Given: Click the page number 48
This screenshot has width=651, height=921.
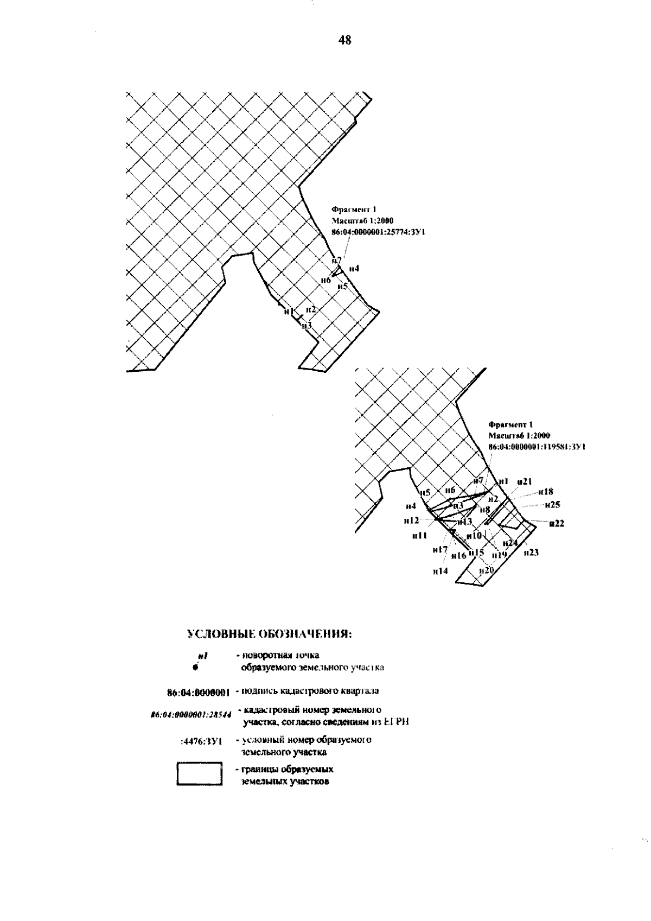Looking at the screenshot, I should [x=345, y=40].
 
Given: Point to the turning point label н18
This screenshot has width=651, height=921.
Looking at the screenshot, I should [x=546, y=492].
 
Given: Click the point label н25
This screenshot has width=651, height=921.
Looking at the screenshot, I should [x=552, y=505].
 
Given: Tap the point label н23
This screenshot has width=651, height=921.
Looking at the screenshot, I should [x=531, y=552].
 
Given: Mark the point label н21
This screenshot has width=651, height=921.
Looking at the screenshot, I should [x=524, y=481].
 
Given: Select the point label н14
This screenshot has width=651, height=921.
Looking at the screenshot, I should [x=440, y=570].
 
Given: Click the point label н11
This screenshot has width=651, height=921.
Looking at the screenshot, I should [x=419, y=535].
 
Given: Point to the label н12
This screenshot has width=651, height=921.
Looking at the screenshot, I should [x=411, y=520].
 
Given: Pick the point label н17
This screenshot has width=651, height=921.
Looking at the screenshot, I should [x=439, y=550].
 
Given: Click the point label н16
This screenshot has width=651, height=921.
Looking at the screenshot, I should [x=459, y=555].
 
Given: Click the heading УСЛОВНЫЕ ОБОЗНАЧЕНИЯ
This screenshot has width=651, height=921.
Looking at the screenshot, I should [x=269, y=634].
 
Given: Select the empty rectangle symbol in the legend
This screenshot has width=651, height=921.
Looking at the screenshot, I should [x=200, y=774].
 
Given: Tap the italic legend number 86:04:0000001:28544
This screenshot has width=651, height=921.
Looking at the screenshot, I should [x=192, y=715].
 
